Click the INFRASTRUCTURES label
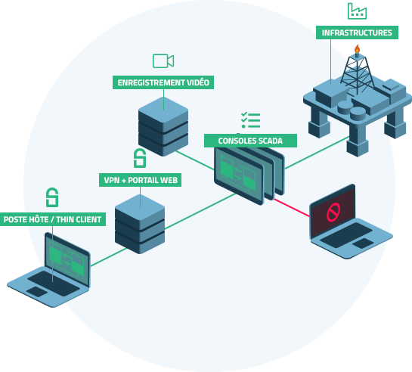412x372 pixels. point(357,33)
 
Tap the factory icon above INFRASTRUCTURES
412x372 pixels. point(357,11)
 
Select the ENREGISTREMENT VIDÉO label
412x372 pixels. point(163,82)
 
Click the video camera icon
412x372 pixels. point(163,60)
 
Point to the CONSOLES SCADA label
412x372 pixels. point(250,141)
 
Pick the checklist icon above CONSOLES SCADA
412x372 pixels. point(250,120)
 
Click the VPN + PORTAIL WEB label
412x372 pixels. point(141,180)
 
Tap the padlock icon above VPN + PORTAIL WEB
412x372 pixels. point(140,158)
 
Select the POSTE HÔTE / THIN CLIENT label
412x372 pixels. point(53,219)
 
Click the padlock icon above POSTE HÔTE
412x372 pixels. point(52,197)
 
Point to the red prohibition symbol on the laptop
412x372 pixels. point(333,212)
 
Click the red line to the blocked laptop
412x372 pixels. point(291,208)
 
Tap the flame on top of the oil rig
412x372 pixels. point(357,49)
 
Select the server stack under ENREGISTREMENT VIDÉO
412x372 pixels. point(163,126)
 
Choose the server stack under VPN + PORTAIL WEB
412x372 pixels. point(140,224)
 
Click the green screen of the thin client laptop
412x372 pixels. point(67,259)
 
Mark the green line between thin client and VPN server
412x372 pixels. point(109,257)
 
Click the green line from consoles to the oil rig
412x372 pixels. point(317,153)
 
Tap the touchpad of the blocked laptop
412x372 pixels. point(363,243)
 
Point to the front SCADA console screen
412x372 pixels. point(239,175)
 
